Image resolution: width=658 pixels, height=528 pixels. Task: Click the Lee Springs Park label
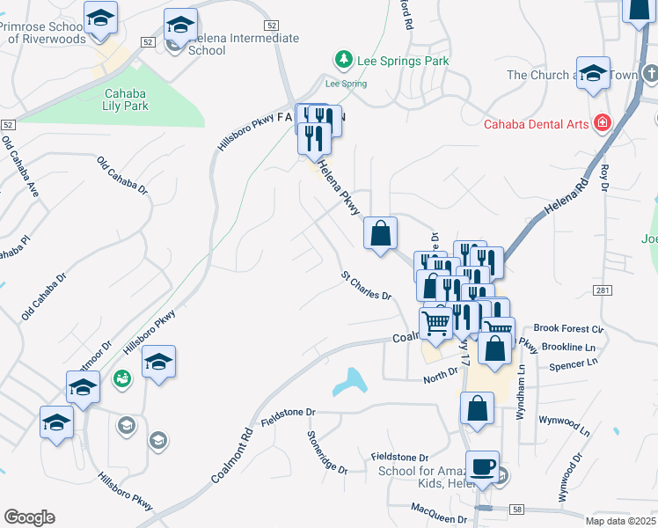[x=403, y=61]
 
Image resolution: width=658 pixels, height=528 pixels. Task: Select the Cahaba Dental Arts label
[x=536, y=124]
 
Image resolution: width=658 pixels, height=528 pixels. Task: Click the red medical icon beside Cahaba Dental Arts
[x=603, y=123]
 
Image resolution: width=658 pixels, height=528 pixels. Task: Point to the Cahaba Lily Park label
[x=127, y=99]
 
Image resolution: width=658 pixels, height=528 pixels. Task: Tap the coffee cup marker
[x=482, y=467]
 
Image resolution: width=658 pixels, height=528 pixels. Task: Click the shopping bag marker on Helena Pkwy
[x=380, y=233]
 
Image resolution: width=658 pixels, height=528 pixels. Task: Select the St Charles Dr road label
[x=366, y=286]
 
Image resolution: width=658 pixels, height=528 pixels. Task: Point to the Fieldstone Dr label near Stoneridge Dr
[x=287, y=412]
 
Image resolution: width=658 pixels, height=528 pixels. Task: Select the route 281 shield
[x=602, y=290]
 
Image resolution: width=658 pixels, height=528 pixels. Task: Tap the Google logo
[x=28, y=517]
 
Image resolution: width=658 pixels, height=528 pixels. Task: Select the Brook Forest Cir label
[x=569, y=329]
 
